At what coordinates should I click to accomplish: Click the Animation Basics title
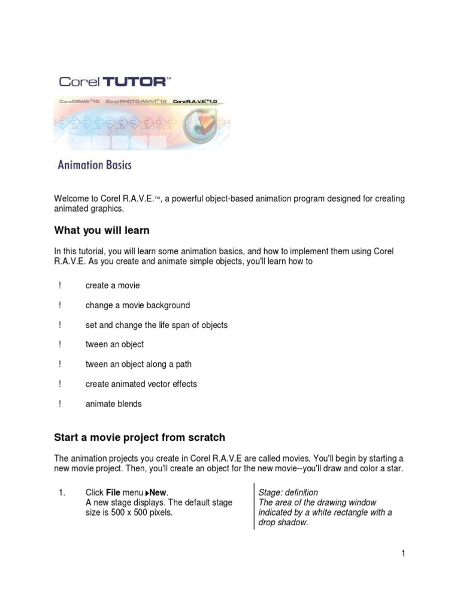[94, 164]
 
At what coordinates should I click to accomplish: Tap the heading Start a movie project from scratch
[140, 438]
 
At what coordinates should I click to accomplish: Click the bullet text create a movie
[112, 285]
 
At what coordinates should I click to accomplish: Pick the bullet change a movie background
[137, 305]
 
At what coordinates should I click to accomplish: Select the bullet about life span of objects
[156, 325]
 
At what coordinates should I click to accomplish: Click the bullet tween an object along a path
[138, 364]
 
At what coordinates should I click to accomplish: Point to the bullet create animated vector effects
[141, 384]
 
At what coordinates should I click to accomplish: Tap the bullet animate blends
[113, 404]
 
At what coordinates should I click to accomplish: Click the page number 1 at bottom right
[404, 553]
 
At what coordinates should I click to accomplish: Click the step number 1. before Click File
[61, 492]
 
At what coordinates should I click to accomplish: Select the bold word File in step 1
[113, 492]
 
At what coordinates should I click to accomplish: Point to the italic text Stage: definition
[288, 492]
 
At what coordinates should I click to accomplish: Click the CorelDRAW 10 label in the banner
[79, 102]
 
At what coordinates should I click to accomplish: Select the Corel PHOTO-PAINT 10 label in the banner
[136, 102]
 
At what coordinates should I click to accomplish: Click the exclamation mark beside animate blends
[60, 404]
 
